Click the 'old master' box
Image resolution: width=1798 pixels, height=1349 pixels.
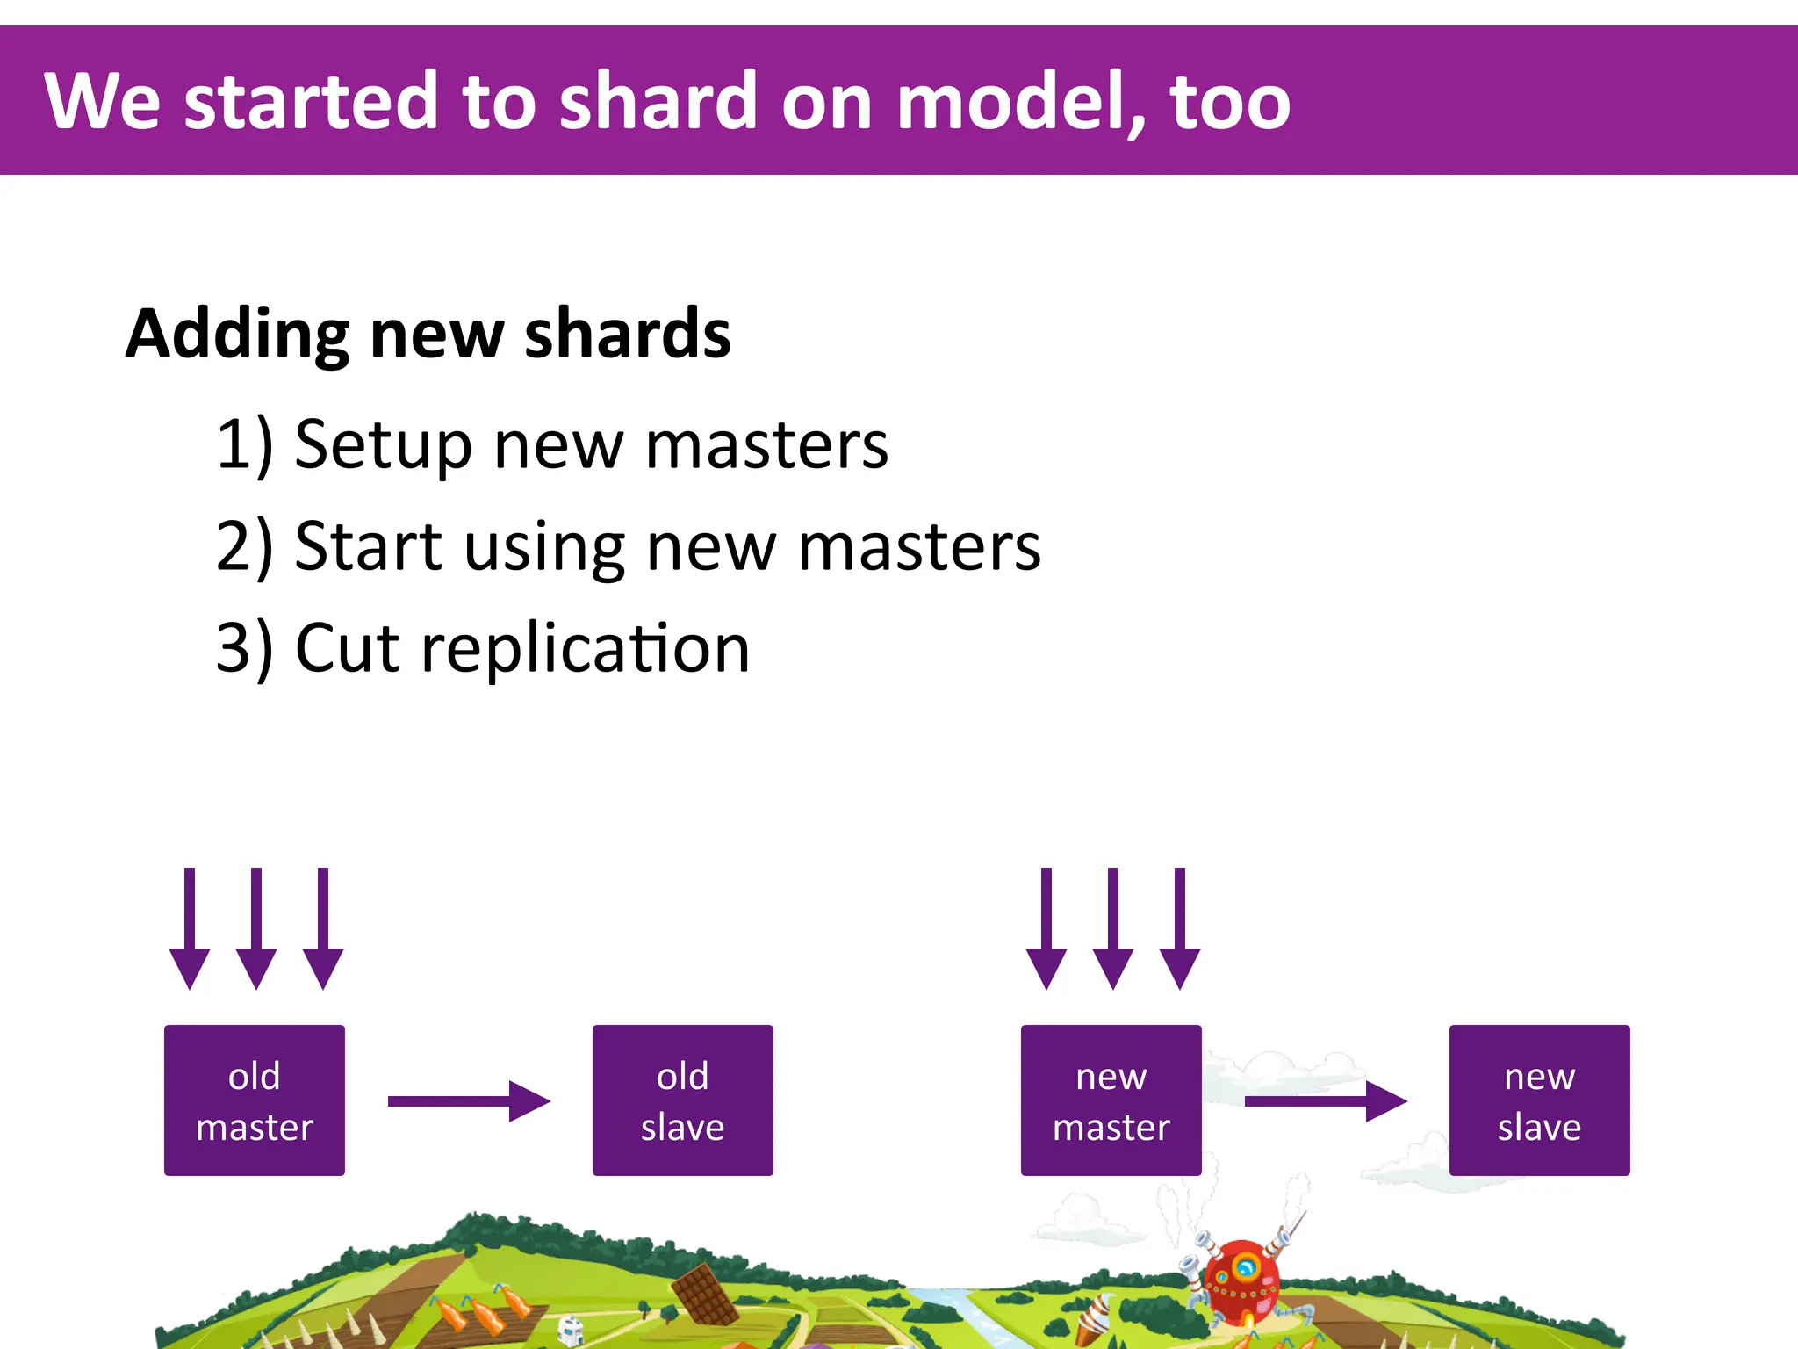click(254, 1100)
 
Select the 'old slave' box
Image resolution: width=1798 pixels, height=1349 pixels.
click(682, 1100)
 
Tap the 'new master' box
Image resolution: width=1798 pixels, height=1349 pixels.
click(1111, 1100)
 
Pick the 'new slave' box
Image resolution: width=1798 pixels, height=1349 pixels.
click(1539, 1100)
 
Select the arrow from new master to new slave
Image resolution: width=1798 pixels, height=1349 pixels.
click(1325, 1100)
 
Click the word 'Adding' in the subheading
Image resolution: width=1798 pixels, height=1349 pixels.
click(237, 335)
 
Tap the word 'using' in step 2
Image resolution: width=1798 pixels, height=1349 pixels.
click(544, 547)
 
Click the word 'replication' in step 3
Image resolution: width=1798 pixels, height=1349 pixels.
click(585, 648)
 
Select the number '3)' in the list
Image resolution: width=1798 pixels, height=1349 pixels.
click(244, 648)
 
